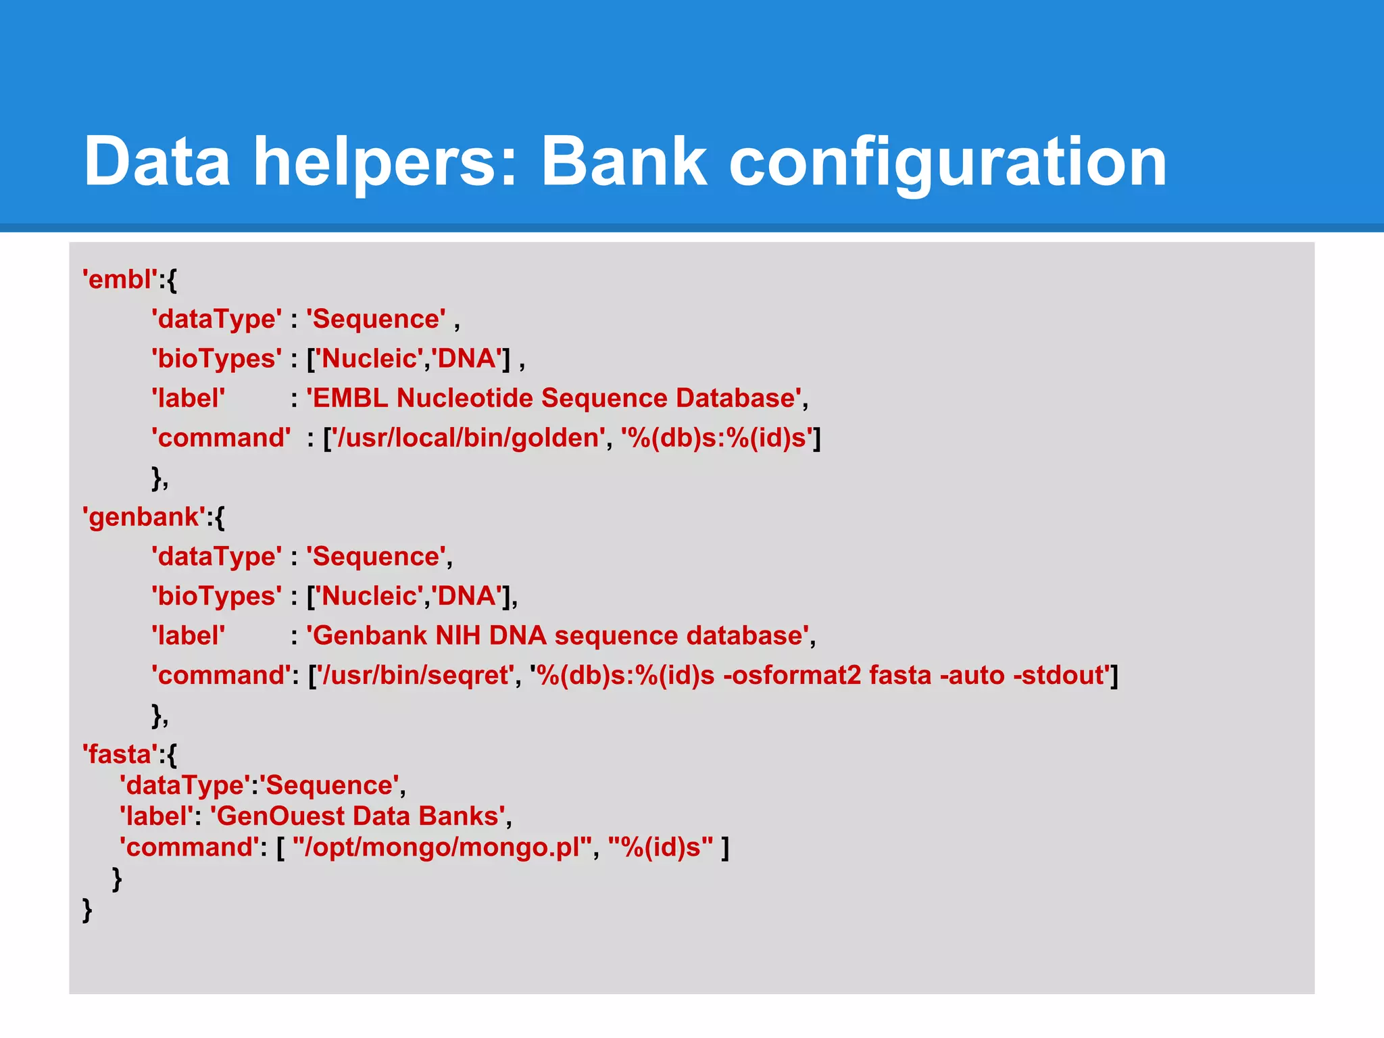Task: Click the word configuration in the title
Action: click(x=947, y=162)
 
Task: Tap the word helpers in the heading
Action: click(x=384, y=162)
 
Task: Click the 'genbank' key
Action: click(x=144, y=517)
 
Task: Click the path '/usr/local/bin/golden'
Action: click(x=468, y=438)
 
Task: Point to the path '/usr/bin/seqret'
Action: click(x=417, y=675)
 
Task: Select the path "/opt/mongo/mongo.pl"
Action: click(x=443, y=847)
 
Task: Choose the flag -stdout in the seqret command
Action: click(x=1062, y=675)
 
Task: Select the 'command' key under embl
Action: click(x=221, y=438)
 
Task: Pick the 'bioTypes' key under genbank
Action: click(x=216, y=596)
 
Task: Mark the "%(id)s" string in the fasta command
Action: click(x=660, y=847)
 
